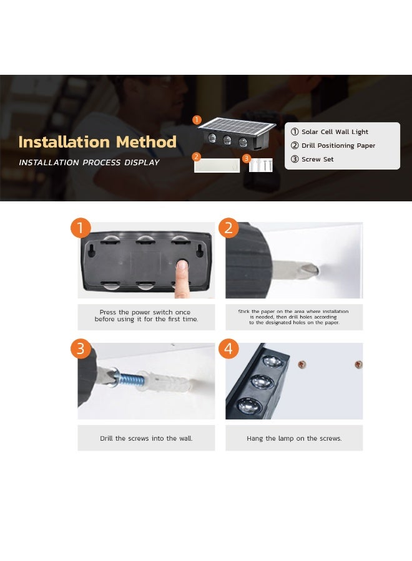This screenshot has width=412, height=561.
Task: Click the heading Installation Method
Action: (97, 141)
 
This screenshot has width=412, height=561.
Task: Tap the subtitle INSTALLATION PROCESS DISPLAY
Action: (89, 163)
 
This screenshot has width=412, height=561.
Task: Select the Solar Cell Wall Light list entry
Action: (329, 132)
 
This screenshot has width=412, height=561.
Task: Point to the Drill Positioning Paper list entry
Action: (333, 145)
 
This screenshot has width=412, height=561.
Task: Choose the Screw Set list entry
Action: (312, 159)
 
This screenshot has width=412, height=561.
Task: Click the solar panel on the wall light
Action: (237, 125)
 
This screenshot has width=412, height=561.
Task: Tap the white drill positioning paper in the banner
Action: (217, 165)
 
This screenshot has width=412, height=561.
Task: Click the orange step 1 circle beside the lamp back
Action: (81, 228)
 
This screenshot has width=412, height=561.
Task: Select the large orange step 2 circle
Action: (228, 228)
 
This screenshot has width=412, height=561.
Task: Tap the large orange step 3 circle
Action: (81, 348)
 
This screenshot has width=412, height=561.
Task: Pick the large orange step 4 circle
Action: (228, 348)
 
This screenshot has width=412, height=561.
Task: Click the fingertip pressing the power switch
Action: (182, 265)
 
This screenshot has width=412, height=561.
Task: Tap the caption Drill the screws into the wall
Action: (146, 438)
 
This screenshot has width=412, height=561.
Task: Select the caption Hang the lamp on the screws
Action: (294, 438)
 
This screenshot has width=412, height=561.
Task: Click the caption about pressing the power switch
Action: (146, 315)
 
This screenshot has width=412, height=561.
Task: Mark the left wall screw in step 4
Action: (302, 365)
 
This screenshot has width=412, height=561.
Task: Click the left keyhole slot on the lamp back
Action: (91, 251)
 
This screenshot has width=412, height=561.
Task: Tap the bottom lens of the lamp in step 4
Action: (250, 406)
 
